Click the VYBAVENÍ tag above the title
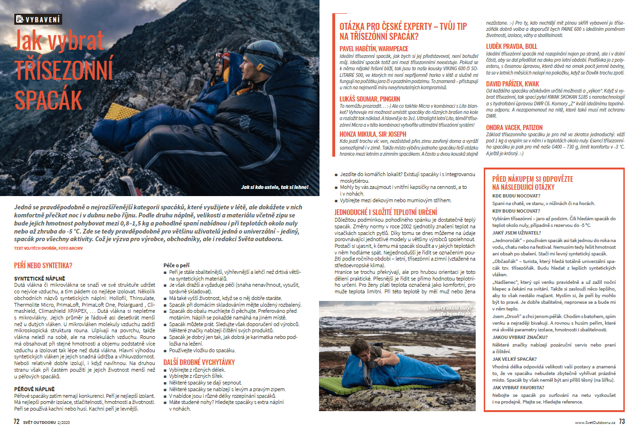pos(38,19)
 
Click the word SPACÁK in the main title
pos(48,100)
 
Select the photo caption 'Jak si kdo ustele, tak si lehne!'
pos(274,187)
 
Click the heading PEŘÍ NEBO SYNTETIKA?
pos(43,265)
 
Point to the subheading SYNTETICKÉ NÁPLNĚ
pos(40,279)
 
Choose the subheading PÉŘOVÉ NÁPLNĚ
pos(34,389)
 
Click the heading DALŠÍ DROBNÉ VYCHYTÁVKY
pos(199,362)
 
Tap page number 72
pos(17,422)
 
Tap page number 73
pos(622,422)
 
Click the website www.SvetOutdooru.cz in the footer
pos(595,422)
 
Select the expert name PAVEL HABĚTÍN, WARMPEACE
pos(374,48)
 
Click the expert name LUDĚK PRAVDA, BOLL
pos(511,46)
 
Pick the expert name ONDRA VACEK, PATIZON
pos(514,127)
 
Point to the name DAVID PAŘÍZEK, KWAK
pos(512,84)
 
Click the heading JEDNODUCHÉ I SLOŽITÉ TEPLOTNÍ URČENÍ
pos(385,212)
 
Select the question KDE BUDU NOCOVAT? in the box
pos(516,196)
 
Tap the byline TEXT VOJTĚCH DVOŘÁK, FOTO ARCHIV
pos(48,248)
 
